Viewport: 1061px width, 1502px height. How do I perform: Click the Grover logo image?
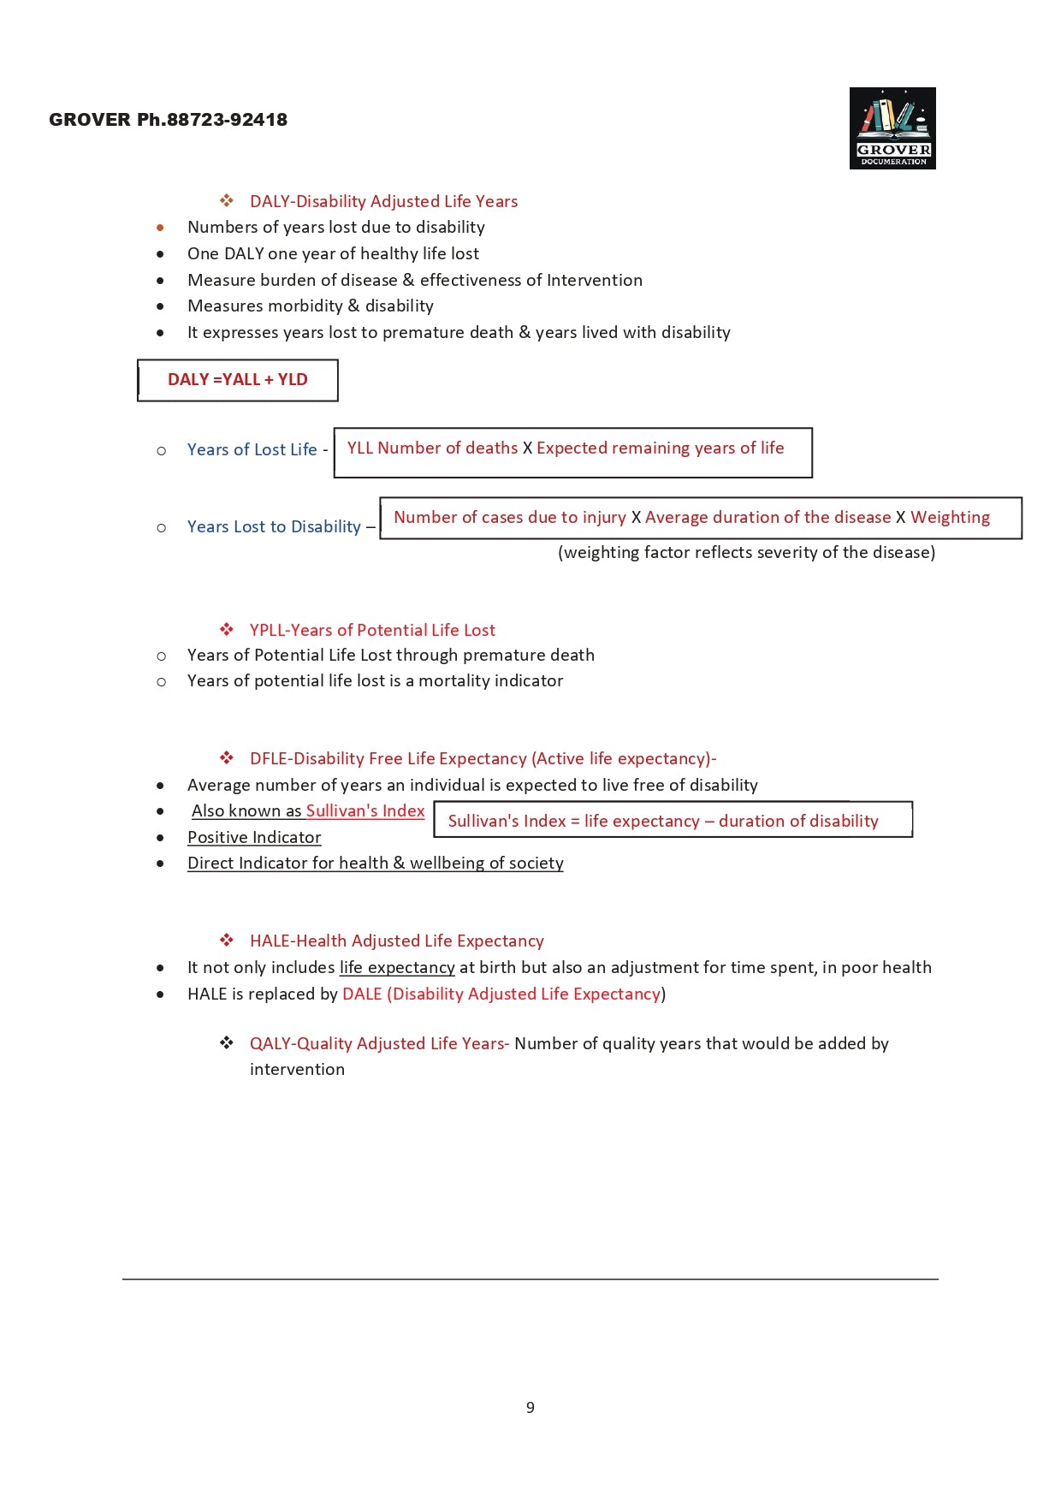tap(892, 128)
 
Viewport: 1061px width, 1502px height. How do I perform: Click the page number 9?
tap(530, 1408)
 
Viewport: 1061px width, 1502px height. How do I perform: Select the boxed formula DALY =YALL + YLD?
tap(238, 380)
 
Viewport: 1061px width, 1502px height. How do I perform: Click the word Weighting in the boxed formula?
tap(950, 518)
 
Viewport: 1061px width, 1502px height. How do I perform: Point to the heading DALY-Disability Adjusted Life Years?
tap(383, 202)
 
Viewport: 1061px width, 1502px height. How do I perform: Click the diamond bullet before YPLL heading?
tap(227, 630)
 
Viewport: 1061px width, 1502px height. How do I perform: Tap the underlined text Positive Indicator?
tap(254, 838)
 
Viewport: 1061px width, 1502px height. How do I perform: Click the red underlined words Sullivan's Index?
tap(365, 811)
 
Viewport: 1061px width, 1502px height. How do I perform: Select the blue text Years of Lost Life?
tap(252, 450)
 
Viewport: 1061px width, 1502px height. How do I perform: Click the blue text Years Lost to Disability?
tap(274, 527)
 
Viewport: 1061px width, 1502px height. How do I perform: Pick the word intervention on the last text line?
tap(297, 1070)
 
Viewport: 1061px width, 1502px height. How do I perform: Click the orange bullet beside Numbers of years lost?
tap(160, 228)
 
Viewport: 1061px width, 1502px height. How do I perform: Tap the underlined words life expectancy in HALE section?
tap(397, 968)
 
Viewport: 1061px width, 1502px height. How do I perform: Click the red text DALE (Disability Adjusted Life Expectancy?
tap(501, 994)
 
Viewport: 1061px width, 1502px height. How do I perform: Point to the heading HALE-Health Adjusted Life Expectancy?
tap(396, 941)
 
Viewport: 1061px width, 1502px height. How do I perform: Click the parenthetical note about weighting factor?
tap(746, 553)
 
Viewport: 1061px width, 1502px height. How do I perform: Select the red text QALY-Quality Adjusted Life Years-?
tap(379, 1044)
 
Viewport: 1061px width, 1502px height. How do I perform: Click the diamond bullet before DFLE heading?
tap(227, 758)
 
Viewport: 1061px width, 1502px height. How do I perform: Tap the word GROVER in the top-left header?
tap(90, 120)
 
